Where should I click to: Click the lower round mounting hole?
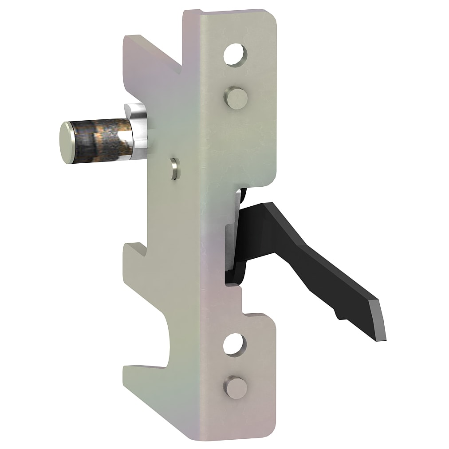pyautogui.click(x=234, y=344)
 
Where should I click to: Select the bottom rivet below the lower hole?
pyautogui.click(x=234, y=388)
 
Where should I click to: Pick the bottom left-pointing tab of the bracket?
pyautogui.click(x=146, y=377)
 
